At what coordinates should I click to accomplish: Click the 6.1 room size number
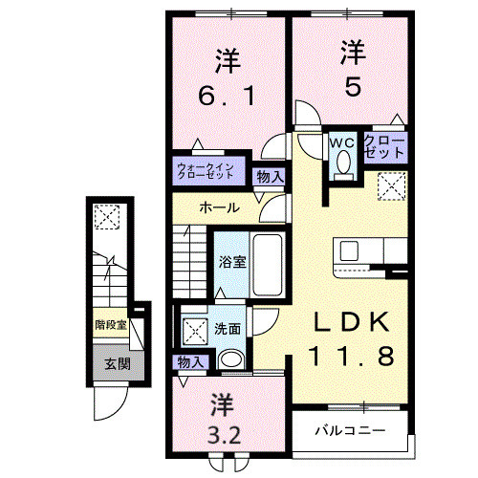pyautogui.click(x=226, y=98)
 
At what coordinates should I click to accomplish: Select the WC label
pyautogui.click(x=342, y=143)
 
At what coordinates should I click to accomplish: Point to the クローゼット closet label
pyautogui.click(x=382, y=146)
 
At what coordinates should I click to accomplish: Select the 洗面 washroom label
pyautogui.click(x=228, y=329)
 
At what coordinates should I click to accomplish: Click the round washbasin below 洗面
pyautogui.click(x=229, y=360)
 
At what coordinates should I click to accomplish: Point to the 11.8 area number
pyautogui.click(x=349, y=358)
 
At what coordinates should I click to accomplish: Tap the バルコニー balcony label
pyautogui.click(x=351, y=430)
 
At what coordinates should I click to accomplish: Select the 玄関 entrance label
pyautogui.click(x=118, y=363)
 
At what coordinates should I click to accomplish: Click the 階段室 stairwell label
pyautogui.click(x=111, y=325)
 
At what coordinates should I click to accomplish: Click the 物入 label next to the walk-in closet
pyautogui.click(x=271, y=176)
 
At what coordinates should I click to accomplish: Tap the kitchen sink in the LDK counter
pyautogui.click(x=349, y=250)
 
